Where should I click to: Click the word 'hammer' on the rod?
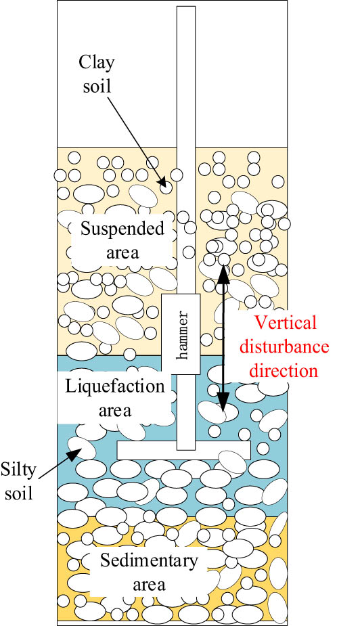click(x=180, y=337)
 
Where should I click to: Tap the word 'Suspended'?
click(x=122, y=228)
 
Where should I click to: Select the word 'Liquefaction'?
click(x=115, y=386)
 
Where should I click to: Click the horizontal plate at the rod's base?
click(x=183, y=449)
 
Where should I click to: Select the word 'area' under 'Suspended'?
click(x=122, y=252)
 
